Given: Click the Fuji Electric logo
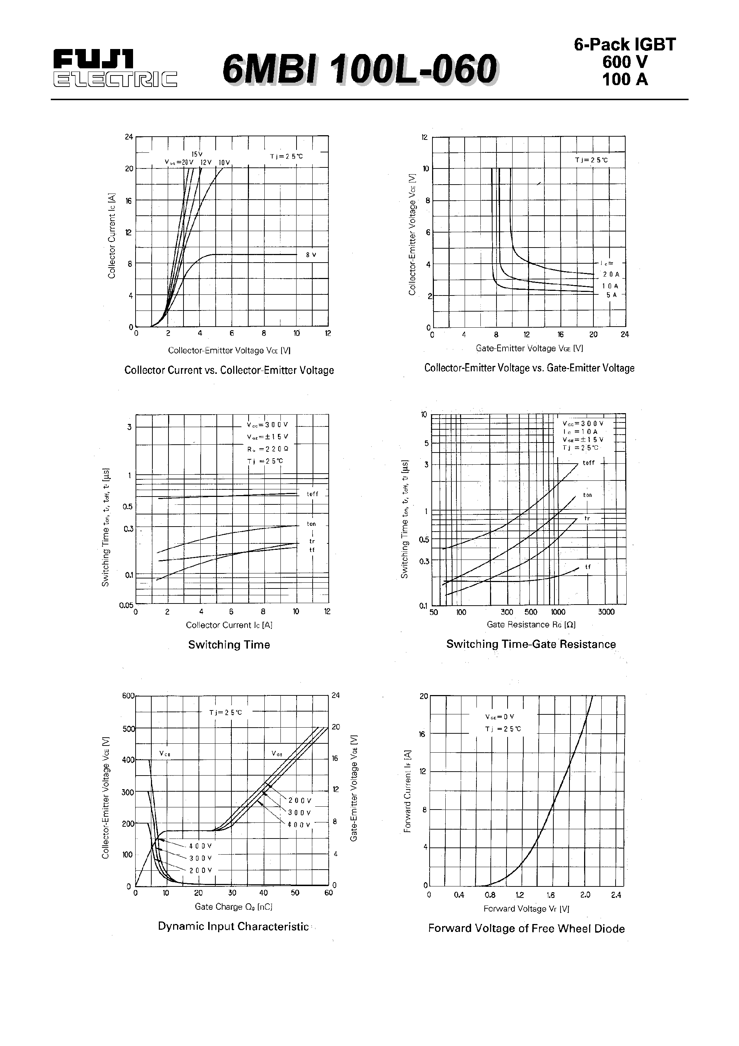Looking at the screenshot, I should [x=114, y=69].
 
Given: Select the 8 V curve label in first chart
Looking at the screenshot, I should [x=311, y=255].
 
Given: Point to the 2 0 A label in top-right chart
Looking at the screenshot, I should [x=611, y=275].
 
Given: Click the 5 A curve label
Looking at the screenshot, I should [x=611, y=295].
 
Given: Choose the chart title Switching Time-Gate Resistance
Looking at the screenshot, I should [x=531, y=644].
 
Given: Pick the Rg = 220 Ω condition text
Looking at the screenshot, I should [x=268, y=449].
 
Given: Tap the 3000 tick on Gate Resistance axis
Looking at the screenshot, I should [x=606, y=612].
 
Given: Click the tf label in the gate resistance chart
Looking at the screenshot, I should [x=588, y=567].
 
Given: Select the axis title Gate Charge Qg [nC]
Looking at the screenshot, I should [x=233, y=906].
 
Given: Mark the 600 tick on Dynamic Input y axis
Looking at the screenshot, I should [x=128, y=696].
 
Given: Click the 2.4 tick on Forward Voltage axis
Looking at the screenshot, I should [x=616, y=895].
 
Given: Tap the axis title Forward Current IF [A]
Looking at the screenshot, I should [x=408, y=791].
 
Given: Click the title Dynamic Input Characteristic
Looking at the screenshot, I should [x=233, y=927].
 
